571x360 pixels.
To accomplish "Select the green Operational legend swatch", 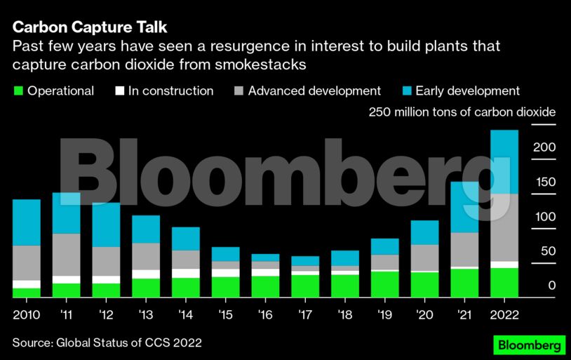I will click(18, 91).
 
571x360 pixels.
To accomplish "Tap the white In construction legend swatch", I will click(119, 91).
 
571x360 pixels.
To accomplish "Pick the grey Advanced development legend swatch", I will click(239, 91).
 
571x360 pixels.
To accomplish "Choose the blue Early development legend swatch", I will click(406, 91).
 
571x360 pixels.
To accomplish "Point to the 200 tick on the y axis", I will click(546, 148).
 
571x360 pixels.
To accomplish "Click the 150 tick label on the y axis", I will click(546, 182).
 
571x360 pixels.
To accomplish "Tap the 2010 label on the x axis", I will click(26, 314).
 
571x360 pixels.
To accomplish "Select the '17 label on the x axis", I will click(305, 314).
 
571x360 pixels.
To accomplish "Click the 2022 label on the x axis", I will click(504, 314).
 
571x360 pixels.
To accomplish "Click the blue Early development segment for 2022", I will click(504, 162).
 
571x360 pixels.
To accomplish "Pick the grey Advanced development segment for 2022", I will click(504, 227).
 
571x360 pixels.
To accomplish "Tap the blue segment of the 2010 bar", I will click(27, 222).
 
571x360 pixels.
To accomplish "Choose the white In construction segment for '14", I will click(186, 273).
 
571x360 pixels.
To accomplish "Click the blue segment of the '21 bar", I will click(464, 207).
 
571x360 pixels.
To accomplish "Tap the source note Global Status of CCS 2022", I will click(107, 343).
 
